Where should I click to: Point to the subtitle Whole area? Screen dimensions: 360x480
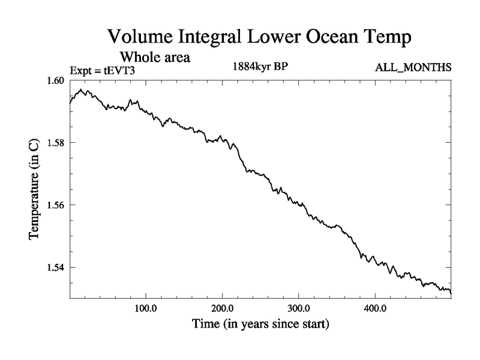pyautogui.click(x=155, y=58)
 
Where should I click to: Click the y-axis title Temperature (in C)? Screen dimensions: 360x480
pyautogui.click(x=35, y=190)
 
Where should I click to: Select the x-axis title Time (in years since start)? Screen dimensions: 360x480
pyautogui.click(x=260, y=325)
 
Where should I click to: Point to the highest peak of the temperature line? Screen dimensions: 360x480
pyautogui.click(x=80, y=90)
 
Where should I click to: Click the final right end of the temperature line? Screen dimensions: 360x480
pyautogui.click(x=450, y=292)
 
